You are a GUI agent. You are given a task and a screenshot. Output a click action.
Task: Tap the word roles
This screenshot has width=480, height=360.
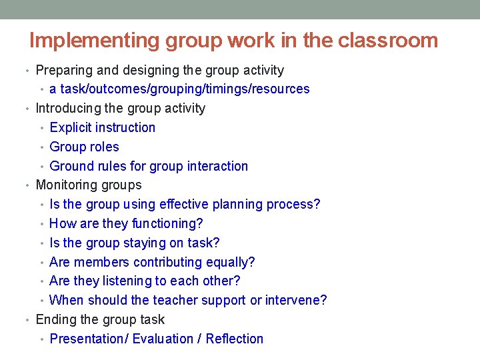click(103, 147)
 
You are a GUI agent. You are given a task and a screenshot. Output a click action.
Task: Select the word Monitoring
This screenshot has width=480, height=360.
click(65, 185)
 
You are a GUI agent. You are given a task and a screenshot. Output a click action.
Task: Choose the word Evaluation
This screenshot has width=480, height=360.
click(162, 339)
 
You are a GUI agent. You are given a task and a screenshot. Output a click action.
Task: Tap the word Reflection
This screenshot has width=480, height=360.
click(235, 339)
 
